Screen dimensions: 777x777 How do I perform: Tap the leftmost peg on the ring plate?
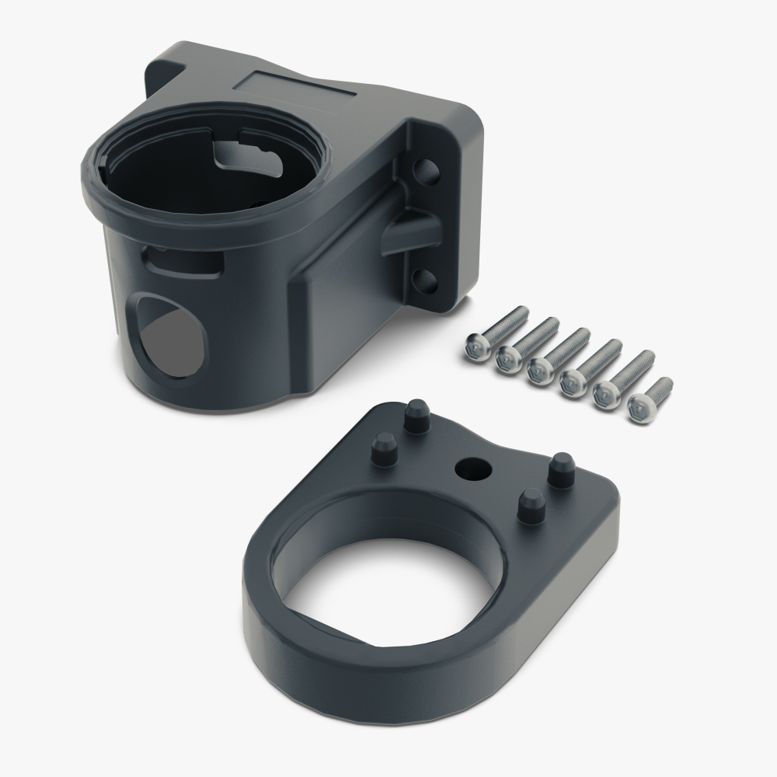pos(384,448)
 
